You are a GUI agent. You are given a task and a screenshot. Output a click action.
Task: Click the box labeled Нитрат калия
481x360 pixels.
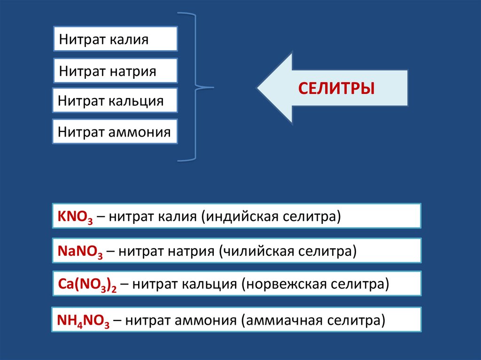tap(116, 38)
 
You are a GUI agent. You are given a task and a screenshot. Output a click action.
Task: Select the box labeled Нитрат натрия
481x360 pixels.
tap(116, 71)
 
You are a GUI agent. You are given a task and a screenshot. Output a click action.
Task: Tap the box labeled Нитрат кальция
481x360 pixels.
tap(115, 100)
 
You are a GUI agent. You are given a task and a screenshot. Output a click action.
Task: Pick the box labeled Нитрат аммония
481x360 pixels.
tap(115, 131)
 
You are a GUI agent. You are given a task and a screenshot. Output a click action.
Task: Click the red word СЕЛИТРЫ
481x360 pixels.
tap(337, 88)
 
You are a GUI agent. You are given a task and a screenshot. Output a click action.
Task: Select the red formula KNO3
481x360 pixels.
tap(75, 217)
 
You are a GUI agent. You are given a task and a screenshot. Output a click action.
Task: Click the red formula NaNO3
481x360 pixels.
tap(80, 251)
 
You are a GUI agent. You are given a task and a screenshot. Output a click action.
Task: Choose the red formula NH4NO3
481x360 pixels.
tap(83, 321)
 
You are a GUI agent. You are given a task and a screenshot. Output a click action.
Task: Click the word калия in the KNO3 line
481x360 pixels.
tap(178, 216)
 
